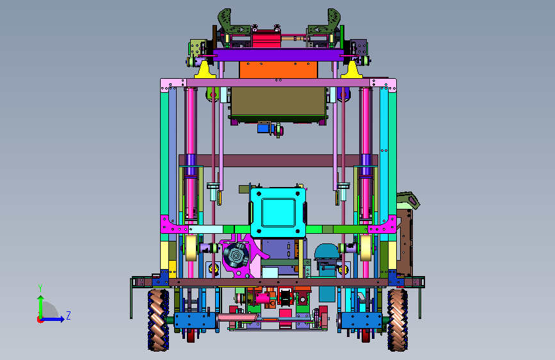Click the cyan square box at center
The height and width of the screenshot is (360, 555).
tap(278, 212)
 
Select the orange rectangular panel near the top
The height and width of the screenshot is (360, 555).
tap(278, 70)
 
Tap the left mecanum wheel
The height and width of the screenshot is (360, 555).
tap(158, 320)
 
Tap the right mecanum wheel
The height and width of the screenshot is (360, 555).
tap(398, 320)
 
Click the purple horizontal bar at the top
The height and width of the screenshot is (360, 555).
tap(278, 55)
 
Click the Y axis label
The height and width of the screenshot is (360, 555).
tap(40, 288)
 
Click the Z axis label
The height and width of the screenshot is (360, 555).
tap(68, 315)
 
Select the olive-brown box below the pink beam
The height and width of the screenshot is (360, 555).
tap(278, 104)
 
